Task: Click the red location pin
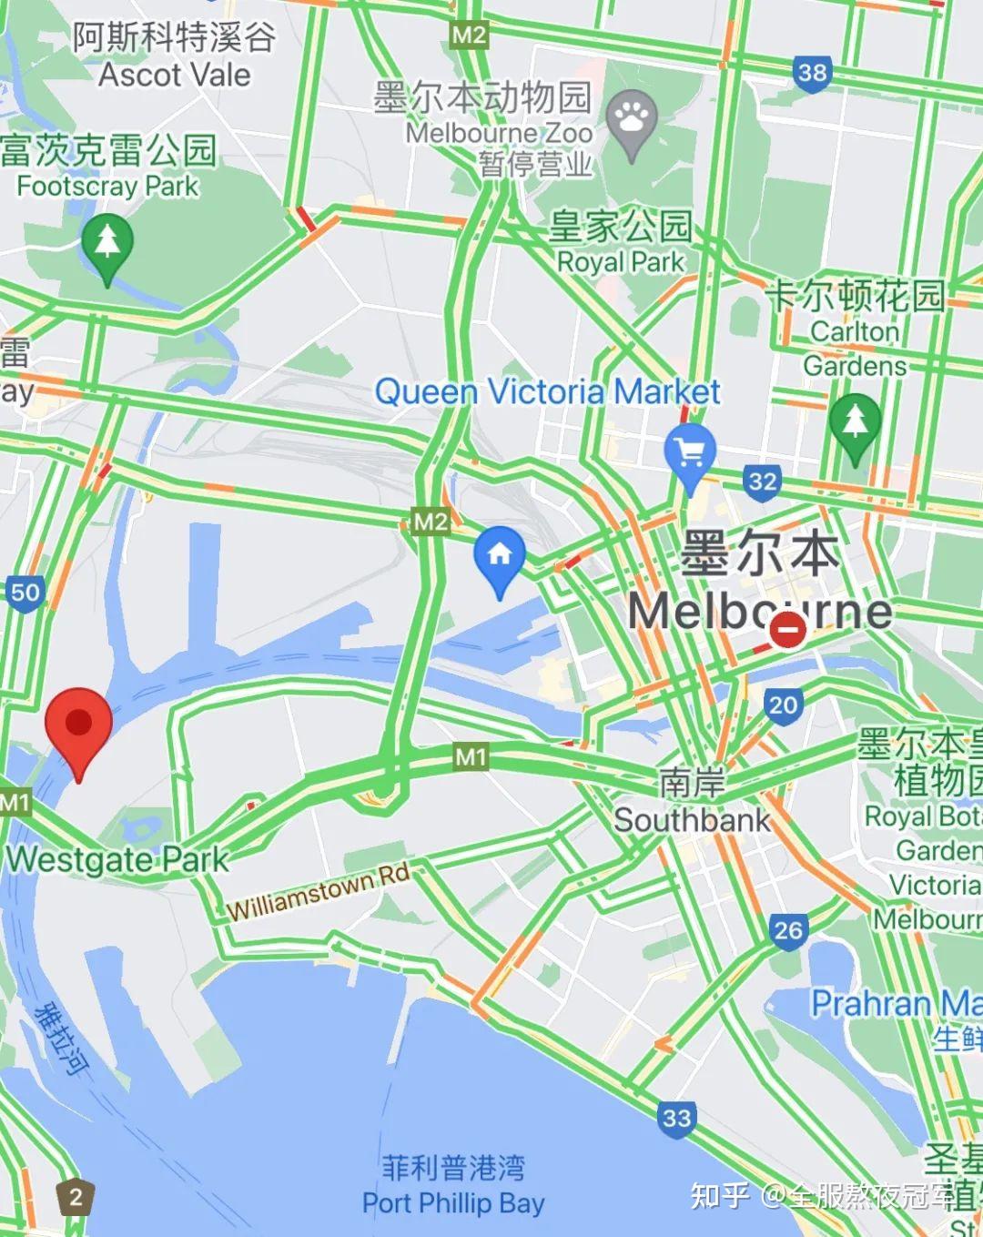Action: [79, 726]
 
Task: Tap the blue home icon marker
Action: [499, 555]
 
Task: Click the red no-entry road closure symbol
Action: [787, 629]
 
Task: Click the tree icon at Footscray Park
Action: [107, 243]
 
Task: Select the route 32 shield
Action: [762, 481]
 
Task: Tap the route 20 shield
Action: [783, 705]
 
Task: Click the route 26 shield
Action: [788, 929]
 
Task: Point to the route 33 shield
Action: [676, 1117]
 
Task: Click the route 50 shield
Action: [25, 593]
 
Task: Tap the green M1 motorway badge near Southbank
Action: [471, 756]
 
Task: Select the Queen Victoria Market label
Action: [547, 392]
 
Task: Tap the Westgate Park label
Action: [117, 858]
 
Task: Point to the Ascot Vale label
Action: [174, 75]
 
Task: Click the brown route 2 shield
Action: [76, 1196]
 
